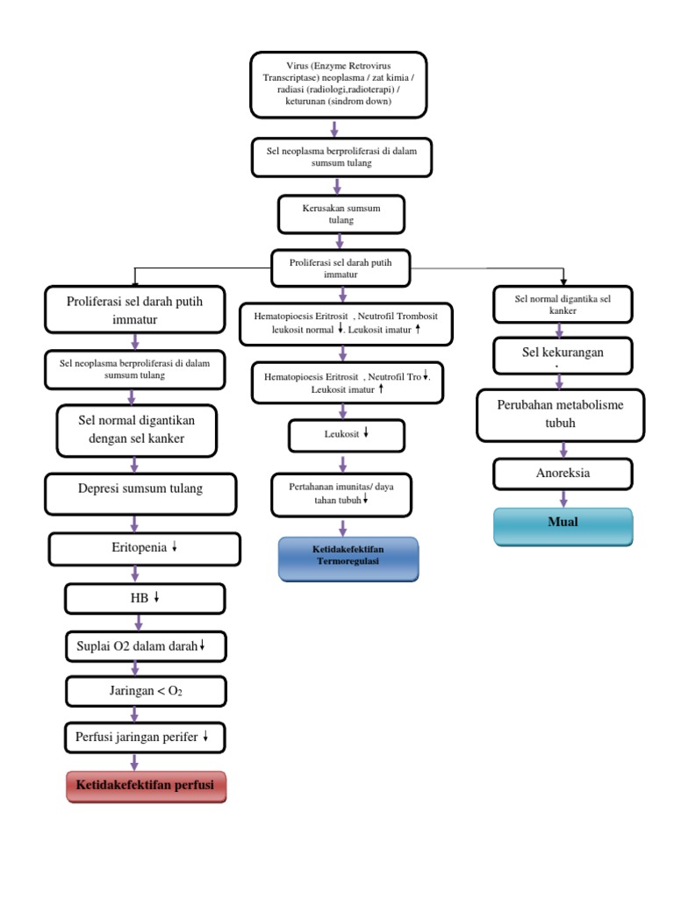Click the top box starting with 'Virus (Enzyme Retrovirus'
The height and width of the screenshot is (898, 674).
tap(338, 83)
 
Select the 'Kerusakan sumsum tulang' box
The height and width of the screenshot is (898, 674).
tap(341, 213)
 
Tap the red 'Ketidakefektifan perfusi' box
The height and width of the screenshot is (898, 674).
tap(145, 786)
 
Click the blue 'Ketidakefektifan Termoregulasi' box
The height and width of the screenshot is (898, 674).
tap(348, 559)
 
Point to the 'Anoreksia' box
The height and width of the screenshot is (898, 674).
tap(563, 474)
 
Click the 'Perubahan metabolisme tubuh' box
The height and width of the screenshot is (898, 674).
tap(560, 415)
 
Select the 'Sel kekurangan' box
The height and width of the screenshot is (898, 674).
tap(562, 353)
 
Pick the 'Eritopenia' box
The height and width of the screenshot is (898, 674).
tap(144, 549)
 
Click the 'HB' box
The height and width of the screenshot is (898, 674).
tap(144, 599)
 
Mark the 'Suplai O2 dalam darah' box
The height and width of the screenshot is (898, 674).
tap(145, 646)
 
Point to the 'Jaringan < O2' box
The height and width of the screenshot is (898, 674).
tap(145, 692)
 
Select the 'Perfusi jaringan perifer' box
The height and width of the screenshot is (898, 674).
tap(145, 738)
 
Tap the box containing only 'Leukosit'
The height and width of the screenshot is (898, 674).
tap(347, 434)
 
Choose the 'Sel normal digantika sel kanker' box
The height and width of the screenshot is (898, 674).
tap(562, 305)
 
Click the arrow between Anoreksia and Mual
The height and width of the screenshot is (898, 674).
tap(562, 498)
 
